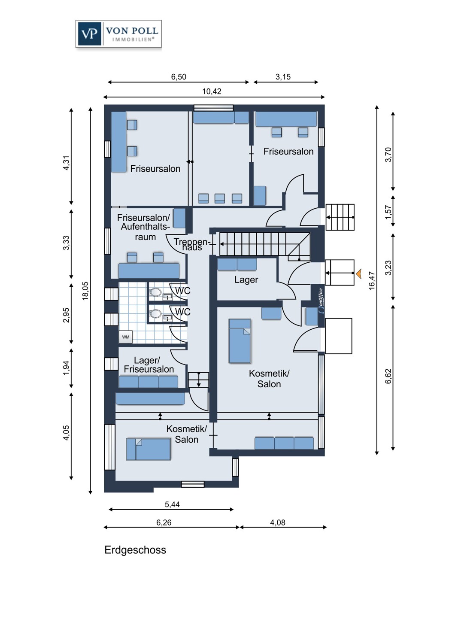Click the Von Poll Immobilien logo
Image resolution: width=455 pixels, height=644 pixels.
click(118, 33)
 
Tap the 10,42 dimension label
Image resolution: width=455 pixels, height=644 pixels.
click(212, 91)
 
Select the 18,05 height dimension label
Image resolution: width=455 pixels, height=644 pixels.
click(85, 291)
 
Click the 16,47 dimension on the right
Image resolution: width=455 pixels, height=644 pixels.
click(372, 280)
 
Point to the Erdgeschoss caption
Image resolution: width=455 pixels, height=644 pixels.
click(135, 550)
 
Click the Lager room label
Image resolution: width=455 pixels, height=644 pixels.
click(246, 280)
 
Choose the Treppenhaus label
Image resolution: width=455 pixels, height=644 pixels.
click(192, 244)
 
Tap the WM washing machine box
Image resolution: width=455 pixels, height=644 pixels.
click(126, 337)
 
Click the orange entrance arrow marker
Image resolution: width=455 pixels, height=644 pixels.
click(358, 273)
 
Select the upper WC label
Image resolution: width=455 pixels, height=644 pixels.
click(182, 291)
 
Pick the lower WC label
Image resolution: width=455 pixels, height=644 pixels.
click(182, 312)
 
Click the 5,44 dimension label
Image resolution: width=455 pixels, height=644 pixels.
click(172, 504)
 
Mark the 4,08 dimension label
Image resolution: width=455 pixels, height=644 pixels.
click(277, 522)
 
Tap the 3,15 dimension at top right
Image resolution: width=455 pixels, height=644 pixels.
click(283, 77)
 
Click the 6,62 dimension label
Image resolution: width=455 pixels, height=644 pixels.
click(388, 376)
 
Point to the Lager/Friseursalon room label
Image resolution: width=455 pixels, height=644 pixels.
click(149, 365)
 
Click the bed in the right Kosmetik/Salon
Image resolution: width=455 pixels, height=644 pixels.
click(240, 341)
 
